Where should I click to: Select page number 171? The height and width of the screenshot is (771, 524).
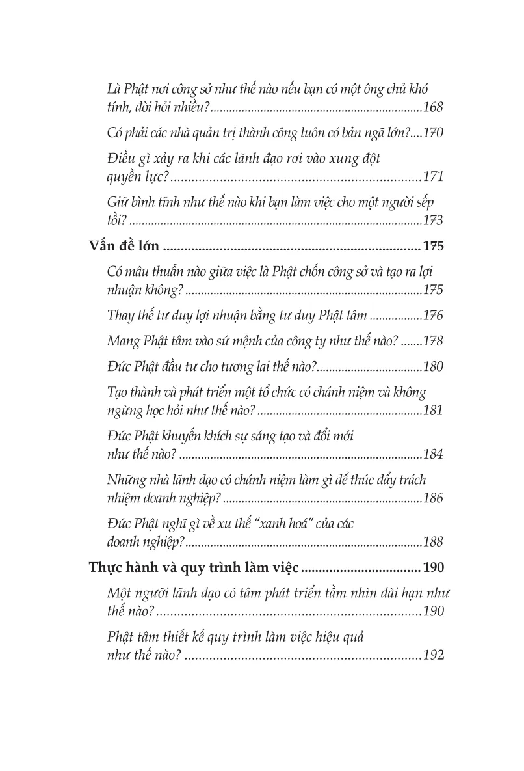(x=432, y=176)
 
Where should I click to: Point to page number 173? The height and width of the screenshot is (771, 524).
(x=432, y=221)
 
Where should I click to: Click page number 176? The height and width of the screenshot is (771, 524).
(x=432, y=316)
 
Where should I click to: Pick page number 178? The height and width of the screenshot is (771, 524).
(x=432, y=341)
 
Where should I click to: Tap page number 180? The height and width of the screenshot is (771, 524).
(x=432, y=366)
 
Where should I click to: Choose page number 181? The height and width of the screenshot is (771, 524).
(x=432, y=411)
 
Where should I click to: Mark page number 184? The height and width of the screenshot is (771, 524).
(x=432, y=455)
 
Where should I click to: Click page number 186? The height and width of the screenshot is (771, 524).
(x=432, y=499)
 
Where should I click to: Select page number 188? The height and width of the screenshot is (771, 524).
(x=432, y=543)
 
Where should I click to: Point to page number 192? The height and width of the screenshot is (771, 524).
(x=432, y=656)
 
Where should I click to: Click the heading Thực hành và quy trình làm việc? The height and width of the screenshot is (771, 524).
(x=193, y=569)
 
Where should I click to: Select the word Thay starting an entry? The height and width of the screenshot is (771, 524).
(x=120, y=316)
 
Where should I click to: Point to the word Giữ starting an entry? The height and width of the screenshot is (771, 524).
(x=116, y=202)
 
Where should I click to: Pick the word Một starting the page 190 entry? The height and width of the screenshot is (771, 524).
(x=118, y=593)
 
